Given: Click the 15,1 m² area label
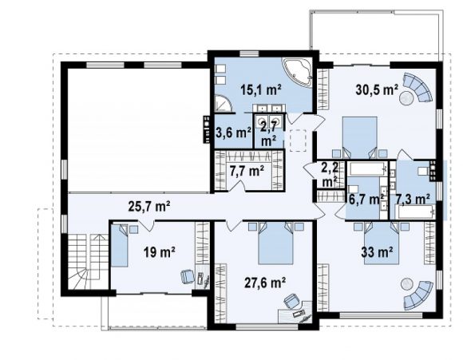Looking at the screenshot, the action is (261, 89).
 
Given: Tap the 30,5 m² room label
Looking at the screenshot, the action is (377, 89).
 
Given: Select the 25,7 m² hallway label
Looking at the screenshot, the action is (149, 207).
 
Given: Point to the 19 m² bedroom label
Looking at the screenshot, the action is (160, 252).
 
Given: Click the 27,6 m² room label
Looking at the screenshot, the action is (265, 283).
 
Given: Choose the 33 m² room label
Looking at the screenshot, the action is (377, 252).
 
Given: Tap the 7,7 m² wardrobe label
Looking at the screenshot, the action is (247, 171).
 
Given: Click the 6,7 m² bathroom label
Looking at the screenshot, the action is (366, 200).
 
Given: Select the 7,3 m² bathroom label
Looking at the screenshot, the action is (413, 200).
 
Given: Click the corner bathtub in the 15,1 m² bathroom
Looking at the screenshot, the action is (297, 73).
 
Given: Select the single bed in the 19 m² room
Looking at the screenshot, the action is (120, 246).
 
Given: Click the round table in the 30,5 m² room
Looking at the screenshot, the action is (407, 97).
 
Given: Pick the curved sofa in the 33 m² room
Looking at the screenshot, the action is (419, 295).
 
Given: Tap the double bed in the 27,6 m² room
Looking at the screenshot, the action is (275, 243).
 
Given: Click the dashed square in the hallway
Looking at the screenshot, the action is (299, 140).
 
